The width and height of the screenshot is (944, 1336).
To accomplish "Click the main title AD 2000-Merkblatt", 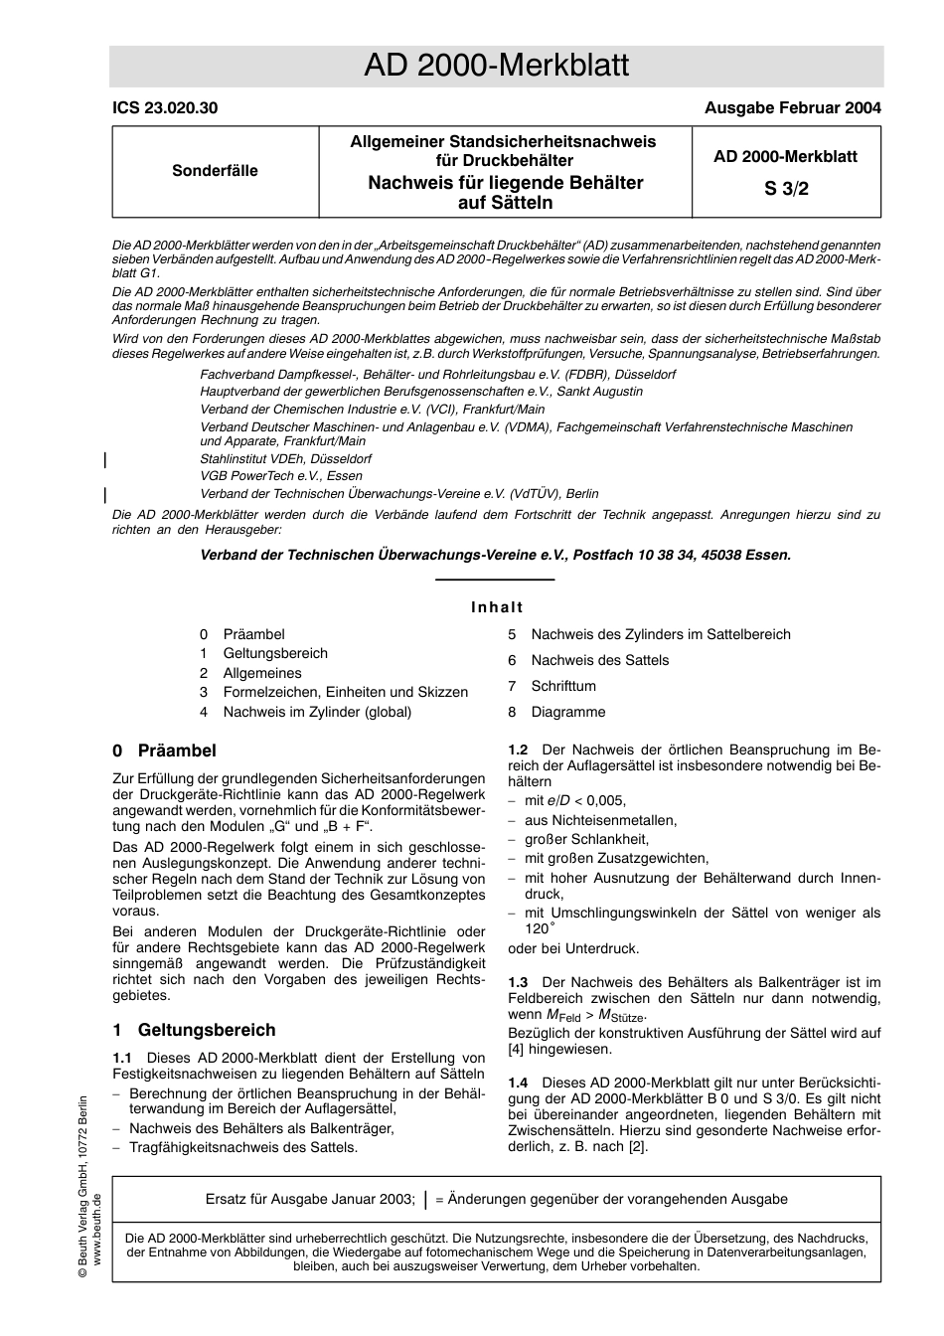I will [496, 66].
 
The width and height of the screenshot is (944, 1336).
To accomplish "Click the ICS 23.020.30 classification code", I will [165, 108].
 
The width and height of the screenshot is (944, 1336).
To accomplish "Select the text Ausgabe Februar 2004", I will [792, 108].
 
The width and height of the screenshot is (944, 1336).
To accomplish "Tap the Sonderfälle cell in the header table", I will [215, 171].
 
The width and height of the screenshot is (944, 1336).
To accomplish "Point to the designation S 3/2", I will [786, 189].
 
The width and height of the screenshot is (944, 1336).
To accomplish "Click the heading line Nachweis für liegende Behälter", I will [505, 183].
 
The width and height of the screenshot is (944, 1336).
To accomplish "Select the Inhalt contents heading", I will [497, 607].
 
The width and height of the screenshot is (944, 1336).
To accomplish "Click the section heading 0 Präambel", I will [164, 751].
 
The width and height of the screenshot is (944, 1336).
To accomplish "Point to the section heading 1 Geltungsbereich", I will [194, 1030].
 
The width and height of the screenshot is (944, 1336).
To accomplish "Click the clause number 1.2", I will [518, 750].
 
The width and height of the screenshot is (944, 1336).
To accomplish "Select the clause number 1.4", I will [518, 1082].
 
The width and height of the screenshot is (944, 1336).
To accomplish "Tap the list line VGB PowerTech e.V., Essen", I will [281, 476].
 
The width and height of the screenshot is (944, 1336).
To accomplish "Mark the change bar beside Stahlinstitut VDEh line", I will [105, 459].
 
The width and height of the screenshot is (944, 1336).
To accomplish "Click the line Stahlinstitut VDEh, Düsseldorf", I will [286, 459].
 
